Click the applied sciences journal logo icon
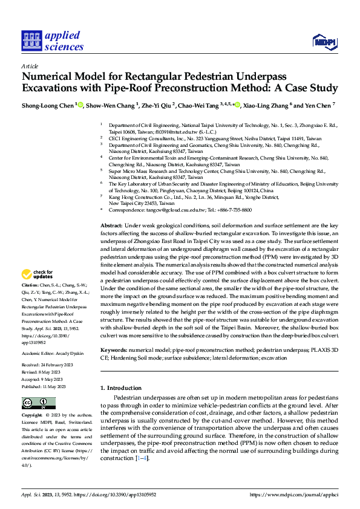(x=30, y=41)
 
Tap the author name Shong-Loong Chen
(x=48, y=105)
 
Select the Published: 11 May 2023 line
(x=48, y=385)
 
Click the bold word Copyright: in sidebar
(x=32, y=416)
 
